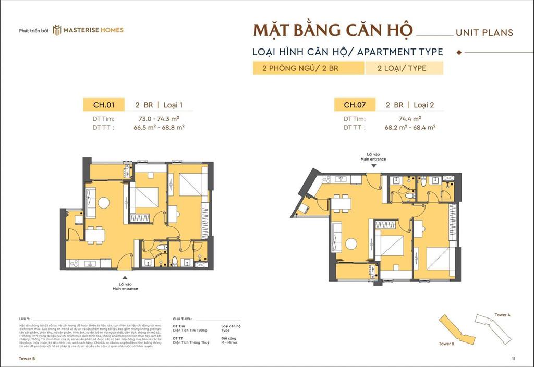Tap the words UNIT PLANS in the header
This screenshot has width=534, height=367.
pyautogui.click(x=484, y=33)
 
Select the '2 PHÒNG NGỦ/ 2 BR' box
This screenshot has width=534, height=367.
pyautogui.click(x=308, y=68)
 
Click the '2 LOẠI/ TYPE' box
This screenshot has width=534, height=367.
pyautogui.click(x=404, y=68)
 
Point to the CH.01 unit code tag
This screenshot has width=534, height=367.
pyautogui.click(x=104, y=105)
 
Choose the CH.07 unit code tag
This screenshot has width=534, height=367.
pyautogui.click(x=354, y=105)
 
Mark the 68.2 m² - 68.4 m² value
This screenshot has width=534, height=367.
pyautogui.click(x=410, y=127)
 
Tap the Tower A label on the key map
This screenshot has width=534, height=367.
pyautogui.click(x=502, y=315)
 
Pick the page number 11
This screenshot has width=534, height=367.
pyautogui.click(x=513, y=359)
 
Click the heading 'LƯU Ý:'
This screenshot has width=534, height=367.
pyautogui.click(x=24, y=317)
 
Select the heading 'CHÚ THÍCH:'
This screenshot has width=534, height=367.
pyautogui.click(x=184, y=317)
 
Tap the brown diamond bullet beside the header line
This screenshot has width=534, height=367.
pyautogui.click(x=459, y=52)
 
